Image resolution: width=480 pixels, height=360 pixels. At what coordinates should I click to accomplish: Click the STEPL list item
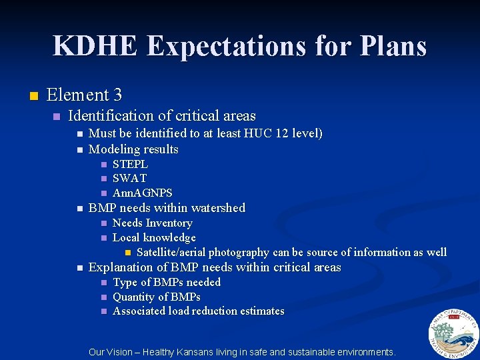click(130, 164)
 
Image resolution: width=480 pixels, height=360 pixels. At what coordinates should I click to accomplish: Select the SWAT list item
click(129, 179)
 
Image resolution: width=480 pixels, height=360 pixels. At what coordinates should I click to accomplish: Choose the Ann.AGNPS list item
click(143, 193)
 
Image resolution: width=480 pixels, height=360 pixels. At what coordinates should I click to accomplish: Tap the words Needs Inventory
click(152, 223)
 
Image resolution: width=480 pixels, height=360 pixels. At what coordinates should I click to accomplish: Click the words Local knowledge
click(154, 237)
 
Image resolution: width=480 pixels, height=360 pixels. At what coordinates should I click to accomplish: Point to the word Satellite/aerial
click(171, 252)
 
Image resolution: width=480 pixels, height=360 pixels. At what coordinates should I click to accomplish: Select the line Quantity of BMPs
click(156, 297)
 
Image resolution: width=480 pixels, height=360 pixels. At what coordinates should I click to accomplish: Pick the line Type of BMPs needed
click(166, 282)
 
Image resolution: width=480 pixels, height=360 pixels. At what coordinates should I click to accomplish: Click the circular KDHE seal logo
click(454, 334)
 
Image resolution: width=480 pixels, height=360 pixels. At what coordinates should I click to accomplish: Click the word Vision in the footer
click(123, 352)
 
